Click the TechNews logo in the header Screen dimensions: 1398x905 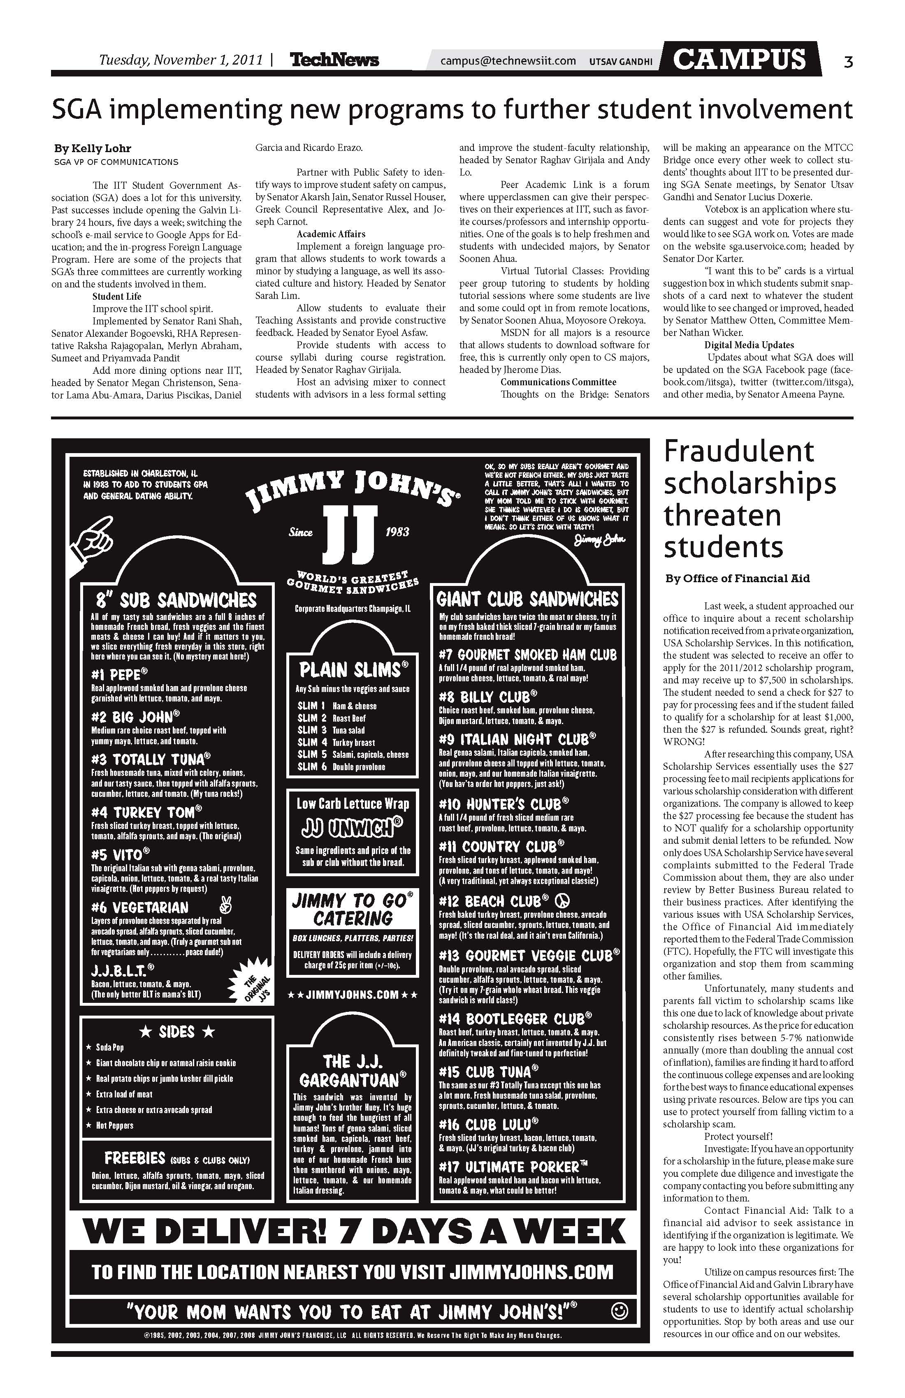click(334, 60)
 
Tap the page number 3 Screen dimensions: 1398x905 click(848, 62)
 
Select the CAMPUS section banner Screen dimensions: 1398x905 click(739, 59)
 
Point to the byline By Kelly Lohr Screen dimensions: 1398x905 click(93, 148)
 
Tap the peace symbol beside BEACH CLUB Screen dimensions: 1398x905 click(562, 900)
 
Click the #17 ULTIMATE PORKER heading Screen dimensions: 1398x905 click(513, 1167)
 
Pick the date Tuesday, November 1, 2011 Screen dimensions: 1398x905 click(181, 60)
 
